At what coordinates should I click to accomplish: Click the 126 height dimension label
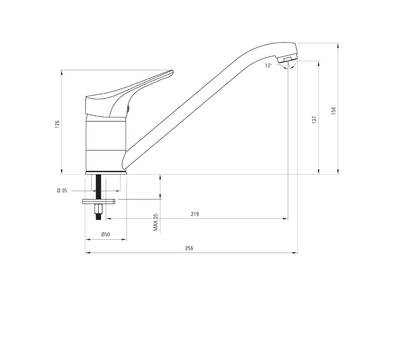pos(57,124)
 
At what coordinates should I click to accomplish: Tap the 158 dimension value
pos(333,111)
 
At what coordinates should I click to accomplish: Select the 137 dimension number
pos(314,120)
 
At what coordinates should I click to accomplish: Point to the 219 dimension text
pos(195,214)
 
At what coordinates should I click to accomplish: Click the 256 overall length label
pos(189,248)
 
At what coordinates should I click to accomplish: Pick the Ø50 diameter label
pos(105,235)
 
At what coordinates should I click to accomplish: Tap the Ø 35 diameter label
pos(62,190)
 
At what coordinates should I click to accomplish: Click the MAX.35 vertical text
pos(156,222)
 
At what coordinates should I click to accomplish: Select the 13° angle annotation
pos(268,65)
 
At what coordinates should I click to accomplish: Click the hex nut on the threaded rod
pos(98,209)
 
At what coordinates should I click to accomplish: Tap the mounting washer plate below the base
pos(99,201)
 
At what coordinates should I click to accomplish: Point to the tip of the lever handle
pos(172,71)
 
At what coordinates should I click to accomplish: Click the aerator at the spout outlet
pos(287,59)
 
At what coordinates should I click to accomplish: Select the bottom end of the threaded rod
pos(98,219)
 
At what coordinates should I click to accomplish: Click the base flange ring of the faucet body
pos(106,172)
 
